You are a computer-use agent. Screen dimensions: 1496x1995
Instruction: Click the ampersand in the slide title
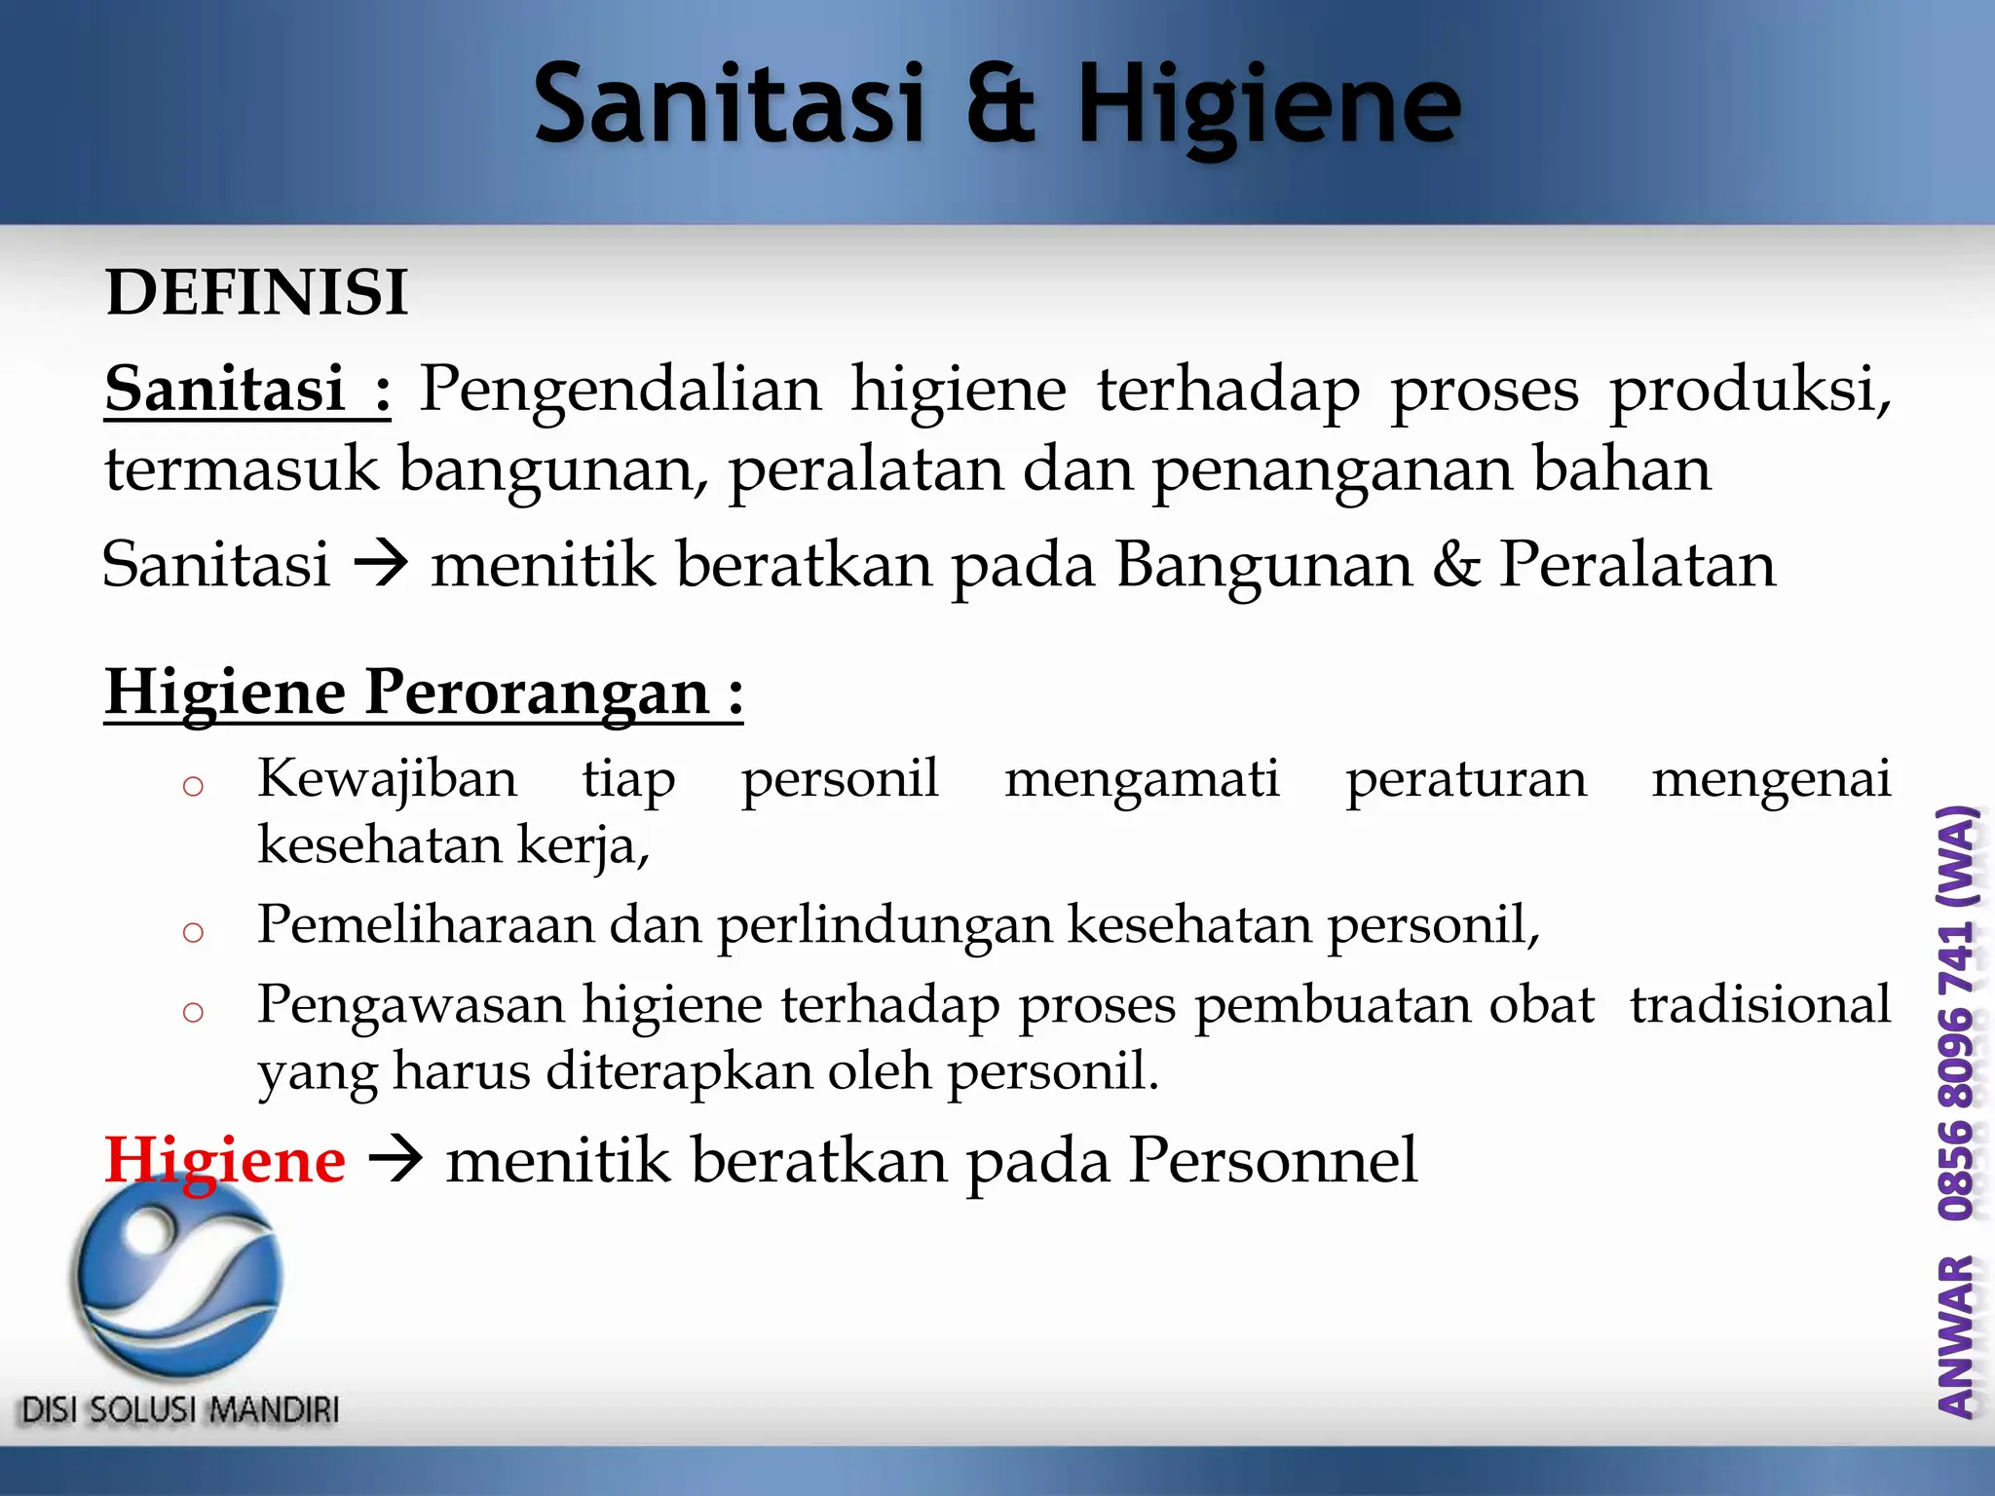[1000, 103]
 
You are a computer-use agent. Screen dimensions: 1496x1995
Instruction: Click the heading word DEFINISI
[256, 292]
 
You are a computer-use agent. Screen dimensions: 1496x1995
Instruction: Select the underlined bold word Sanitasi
[225, 389]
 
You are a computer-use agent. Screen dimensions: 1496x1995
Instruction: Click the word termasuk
[241, 469]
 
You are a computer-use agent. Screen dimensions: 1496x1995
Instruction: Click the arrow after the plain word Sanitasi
[380, 564]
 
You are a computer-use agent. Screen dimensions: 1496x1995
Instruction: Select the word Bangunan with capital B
[1263, 566]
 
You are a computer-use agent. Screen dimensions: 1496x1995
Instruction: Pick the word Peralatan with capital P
[1637, 564]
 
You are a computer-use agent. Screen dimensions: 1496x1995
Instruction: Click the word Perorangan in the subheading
[537, 693]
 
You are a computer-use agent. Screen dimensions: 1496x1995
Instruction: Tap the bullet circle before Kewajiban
[193, 785]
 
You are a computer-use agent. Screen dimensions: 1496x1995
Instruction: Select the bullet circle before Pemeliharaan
[193, 932]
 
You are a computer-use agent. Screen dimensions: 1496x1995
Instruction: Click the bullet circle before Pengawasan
[193, 1012]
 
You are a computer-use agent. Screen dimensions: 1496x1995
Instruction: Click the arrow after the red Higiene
[395, 1160]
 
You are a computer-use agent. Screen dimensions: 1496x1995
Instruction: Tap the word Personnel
[1273, 1160]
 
